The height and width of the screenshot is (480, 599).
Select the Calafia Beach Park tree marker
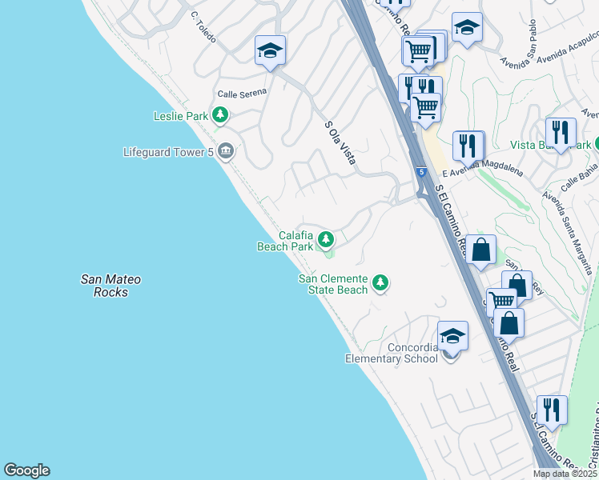coord(326,238)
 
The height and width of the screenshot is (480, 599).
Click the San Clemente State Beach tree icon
coord(381,282)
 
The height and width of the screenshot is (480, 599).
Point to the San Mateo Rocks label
coord(111,286)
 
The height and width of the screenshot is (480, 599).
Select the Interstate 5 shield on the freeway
coord(421,172)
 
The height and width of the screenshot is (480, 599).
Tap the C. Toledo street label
coord(205,26)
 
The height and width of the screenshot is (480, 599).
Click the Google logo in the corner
coord(26,470)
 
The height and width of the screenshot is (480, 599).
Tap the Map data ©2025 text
coord(564,474)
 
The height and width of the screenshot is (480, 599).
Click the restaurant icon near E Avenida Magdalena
coord(468,145)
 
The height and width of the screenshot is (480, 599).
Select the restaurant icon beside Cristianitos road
coord(551,409)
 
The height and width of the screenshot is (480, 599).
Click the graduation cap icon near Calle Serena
coord(271,50)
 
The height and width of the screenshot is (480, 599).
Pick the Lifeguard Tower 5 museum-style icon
coord(226,150)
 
